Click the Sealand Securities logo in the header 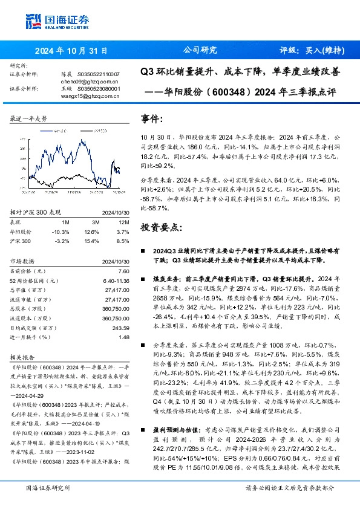point(58,22)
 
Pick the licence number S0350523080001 point(99,88)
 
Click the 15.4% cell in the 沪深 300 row point(91,241)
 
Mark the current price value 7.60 point(124,271)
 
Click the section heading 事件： point(152,118)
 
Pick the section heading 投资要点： point(161,227)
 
